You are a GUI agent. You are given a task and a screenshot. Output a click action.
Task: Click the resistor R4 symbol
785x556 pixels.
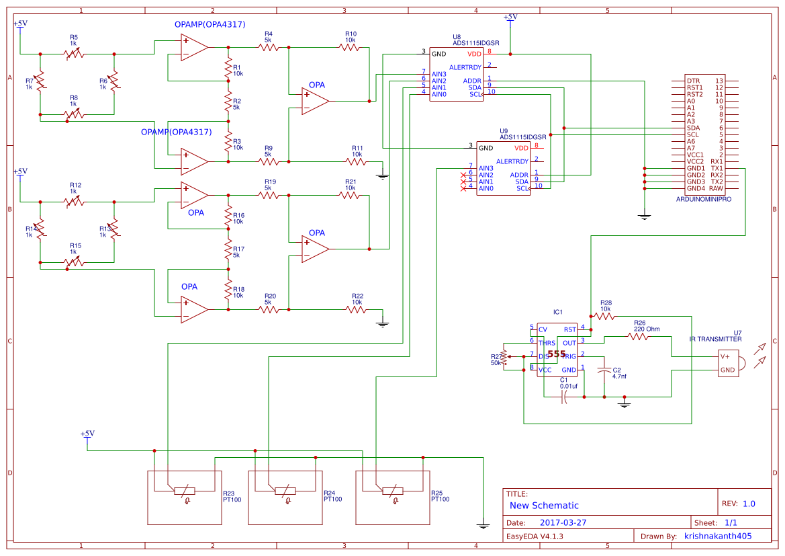coord(268,47)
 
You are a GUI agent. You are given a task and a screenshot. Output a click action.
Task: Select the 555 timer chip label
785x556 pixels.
coord(556,354)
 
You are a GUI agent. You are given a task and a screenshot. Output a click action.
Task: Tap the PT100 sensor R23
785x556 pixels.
coord(185,491)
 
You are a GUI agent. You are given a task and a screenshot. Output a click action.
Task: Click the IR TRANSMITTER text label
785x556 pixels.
coord(715,340)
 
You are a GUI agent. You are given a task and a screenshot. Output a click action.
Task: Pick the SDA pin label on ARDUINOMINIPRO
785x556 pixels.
coord(693,128)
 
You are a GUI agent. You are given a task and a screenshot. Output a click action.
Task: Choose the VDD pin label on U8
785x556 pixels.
coord(474,54)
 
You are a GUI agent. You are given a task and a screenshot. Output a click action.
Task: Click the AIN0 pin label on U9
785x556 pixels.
coord(486,188)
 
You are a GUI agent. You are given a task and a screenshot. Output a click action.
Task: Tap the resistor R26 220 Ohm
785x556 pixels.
coord(638,336)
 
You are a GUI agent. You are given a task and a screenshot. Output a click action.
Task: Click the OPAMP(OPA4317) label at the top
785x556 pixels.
coord(210,24)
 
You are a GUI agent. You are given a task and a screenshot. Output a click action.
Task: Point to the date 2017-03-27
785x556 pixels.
coord(563,522)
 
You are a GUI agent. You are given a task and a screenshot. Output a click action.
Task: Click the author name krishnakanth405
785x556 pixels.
coord(717,536)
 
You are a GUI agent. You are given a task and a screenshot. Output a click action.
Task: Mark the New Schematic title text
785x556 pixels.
coord(544,506)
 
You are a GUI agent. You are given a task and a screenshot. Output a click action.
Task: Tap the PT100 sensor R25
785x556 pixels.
coord(393,491)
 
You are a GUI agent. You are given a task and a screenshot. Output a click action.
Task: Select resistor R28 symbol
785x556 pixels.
coord(604,316)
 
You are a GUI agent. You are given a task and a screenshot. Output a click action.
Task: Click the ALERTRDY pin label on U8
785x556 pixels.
coord(465,67)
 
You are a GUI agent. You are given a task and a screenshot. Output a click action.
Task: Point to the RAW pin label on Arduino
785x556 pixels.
coord(716,188)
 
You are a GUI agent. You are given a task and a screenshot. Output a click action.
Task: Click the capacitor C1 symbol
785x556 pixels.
coord(564,397)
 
